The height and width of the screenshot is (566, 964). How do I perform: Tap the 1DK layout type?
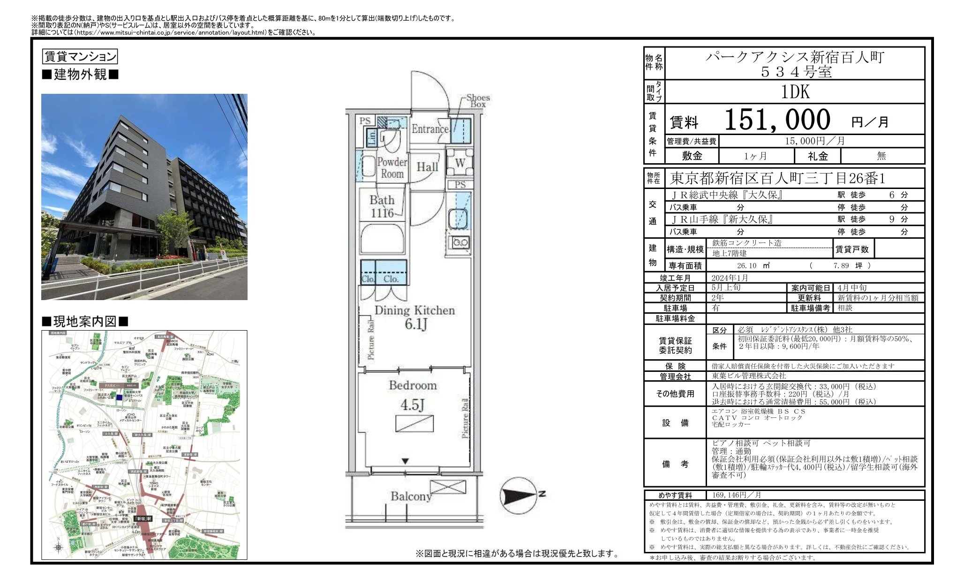(x=795, y=92)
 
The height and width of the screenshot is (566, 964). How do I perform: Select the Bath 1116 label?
(x=382, y=206)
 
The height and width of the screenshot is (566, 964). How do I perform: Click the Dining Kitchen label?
(x=414, y=310)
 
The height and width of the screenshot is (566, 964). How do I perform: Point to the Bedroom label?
(x=413, y=385)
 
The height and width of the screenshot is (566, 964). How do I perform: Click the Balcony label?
(x=411, y=496)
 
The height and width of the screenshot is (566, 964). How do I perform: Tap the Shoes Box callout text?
(x=478, y=101)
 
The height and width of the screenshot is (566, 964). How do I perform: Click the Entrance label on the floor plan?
(x=430, y=129)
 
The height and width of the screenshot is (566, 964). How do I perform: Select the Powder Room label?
(x=392, y=167)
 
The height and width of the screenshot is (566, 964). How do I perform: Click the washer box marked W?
(x=460, y=163)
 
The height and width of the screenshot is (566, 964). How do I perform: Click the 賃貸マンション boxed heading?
(x=80, y=57)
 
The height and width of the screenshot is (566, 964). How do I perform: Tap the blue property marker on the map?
(x=119, y=397)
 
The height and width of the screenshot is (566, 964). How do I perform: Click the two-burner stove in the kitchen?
(x=459, y=242)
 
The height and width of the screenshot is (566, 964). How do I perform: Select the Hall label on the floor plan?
(x=427, y=167)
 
